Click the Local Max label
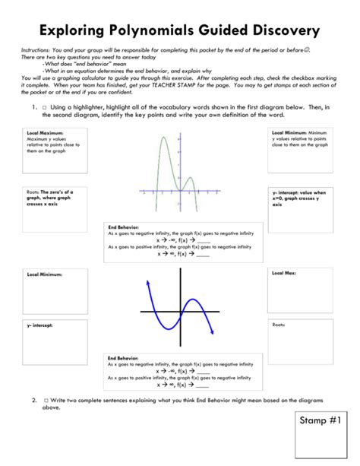coord(283,271)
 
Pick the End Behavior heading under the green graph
coord(122,227)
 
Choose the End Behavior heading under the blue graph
coord(122,357)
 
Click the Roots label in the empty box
coord(278,325)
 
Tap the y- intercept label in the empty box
coord(42,325)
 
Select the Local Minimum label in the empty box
coord(44,273)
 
